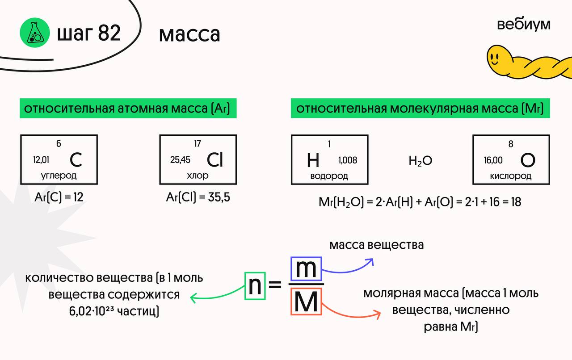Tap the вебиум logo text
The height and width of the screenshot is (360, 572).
coord(523,25)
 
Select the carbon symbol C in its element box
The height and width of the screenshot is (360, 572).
coord(76,160)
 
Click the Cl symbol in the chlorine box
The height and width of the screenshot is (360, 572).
coord(215,160)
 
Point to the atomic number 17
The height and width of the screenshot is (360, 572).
coord(198,143)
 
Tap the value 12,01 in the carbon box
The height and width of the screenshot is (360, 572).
coord(41,160)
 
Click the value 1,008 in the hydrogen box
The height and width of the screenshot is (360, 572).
coord(348,160)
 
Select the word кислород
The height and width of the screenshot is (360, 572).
coord(511,176)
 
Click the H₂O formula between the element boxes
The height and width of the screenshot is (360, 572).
coord(421,161)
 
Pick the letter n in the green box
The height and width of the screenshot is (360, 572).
coord(255,286)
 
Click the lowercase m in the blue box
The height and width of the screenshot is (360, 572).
coord(306,269)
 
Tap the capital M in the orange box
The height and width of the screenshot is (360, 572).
coord(306,302)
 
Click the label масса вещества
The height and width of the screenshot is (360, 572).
coord(376,245)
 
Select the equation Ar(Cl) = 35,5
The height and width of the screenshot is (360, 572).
coord(198,197)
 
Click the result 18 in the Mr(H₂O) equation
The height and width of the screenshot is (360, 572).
coord(515,202)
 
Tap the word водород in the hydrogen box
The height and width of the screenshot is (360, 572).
coord(329,176)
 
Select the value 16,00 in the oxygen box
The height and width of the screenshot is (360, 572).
coord(493,160)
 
